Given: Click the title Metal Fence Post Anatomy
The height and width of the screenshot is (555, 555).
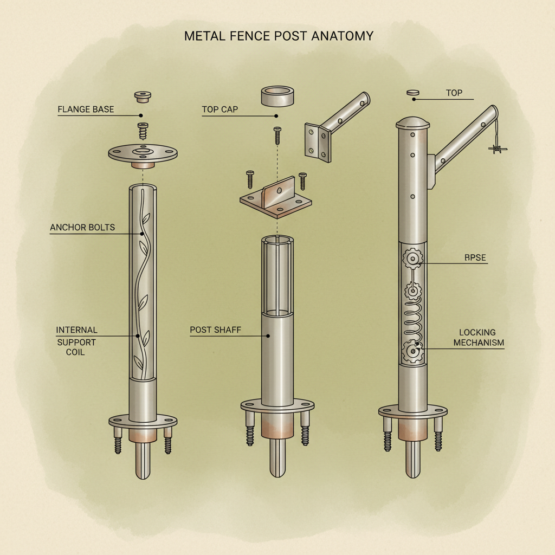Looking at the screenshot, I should point(279,36).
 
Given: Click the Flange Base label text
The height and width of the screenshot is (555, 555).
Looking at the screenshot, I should point(86,109).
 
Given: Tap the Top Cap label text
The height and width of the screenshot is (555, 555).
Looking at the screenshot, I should point(220,109).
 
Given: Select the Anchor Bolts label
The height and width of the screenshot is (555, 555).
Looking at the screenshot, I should point(82,227).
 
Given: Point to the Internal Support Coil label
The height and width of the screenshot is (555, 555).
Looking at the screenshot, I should point(77,341).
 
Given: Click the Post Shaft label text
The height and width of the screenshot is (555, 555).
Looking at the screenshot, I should point(216,330).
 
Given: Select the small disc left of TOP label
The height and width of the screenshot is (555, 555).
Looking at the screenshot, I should point(413,93).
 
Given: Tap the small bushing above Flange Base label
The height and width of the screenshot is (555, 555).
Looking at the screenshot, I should point(142,97).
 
